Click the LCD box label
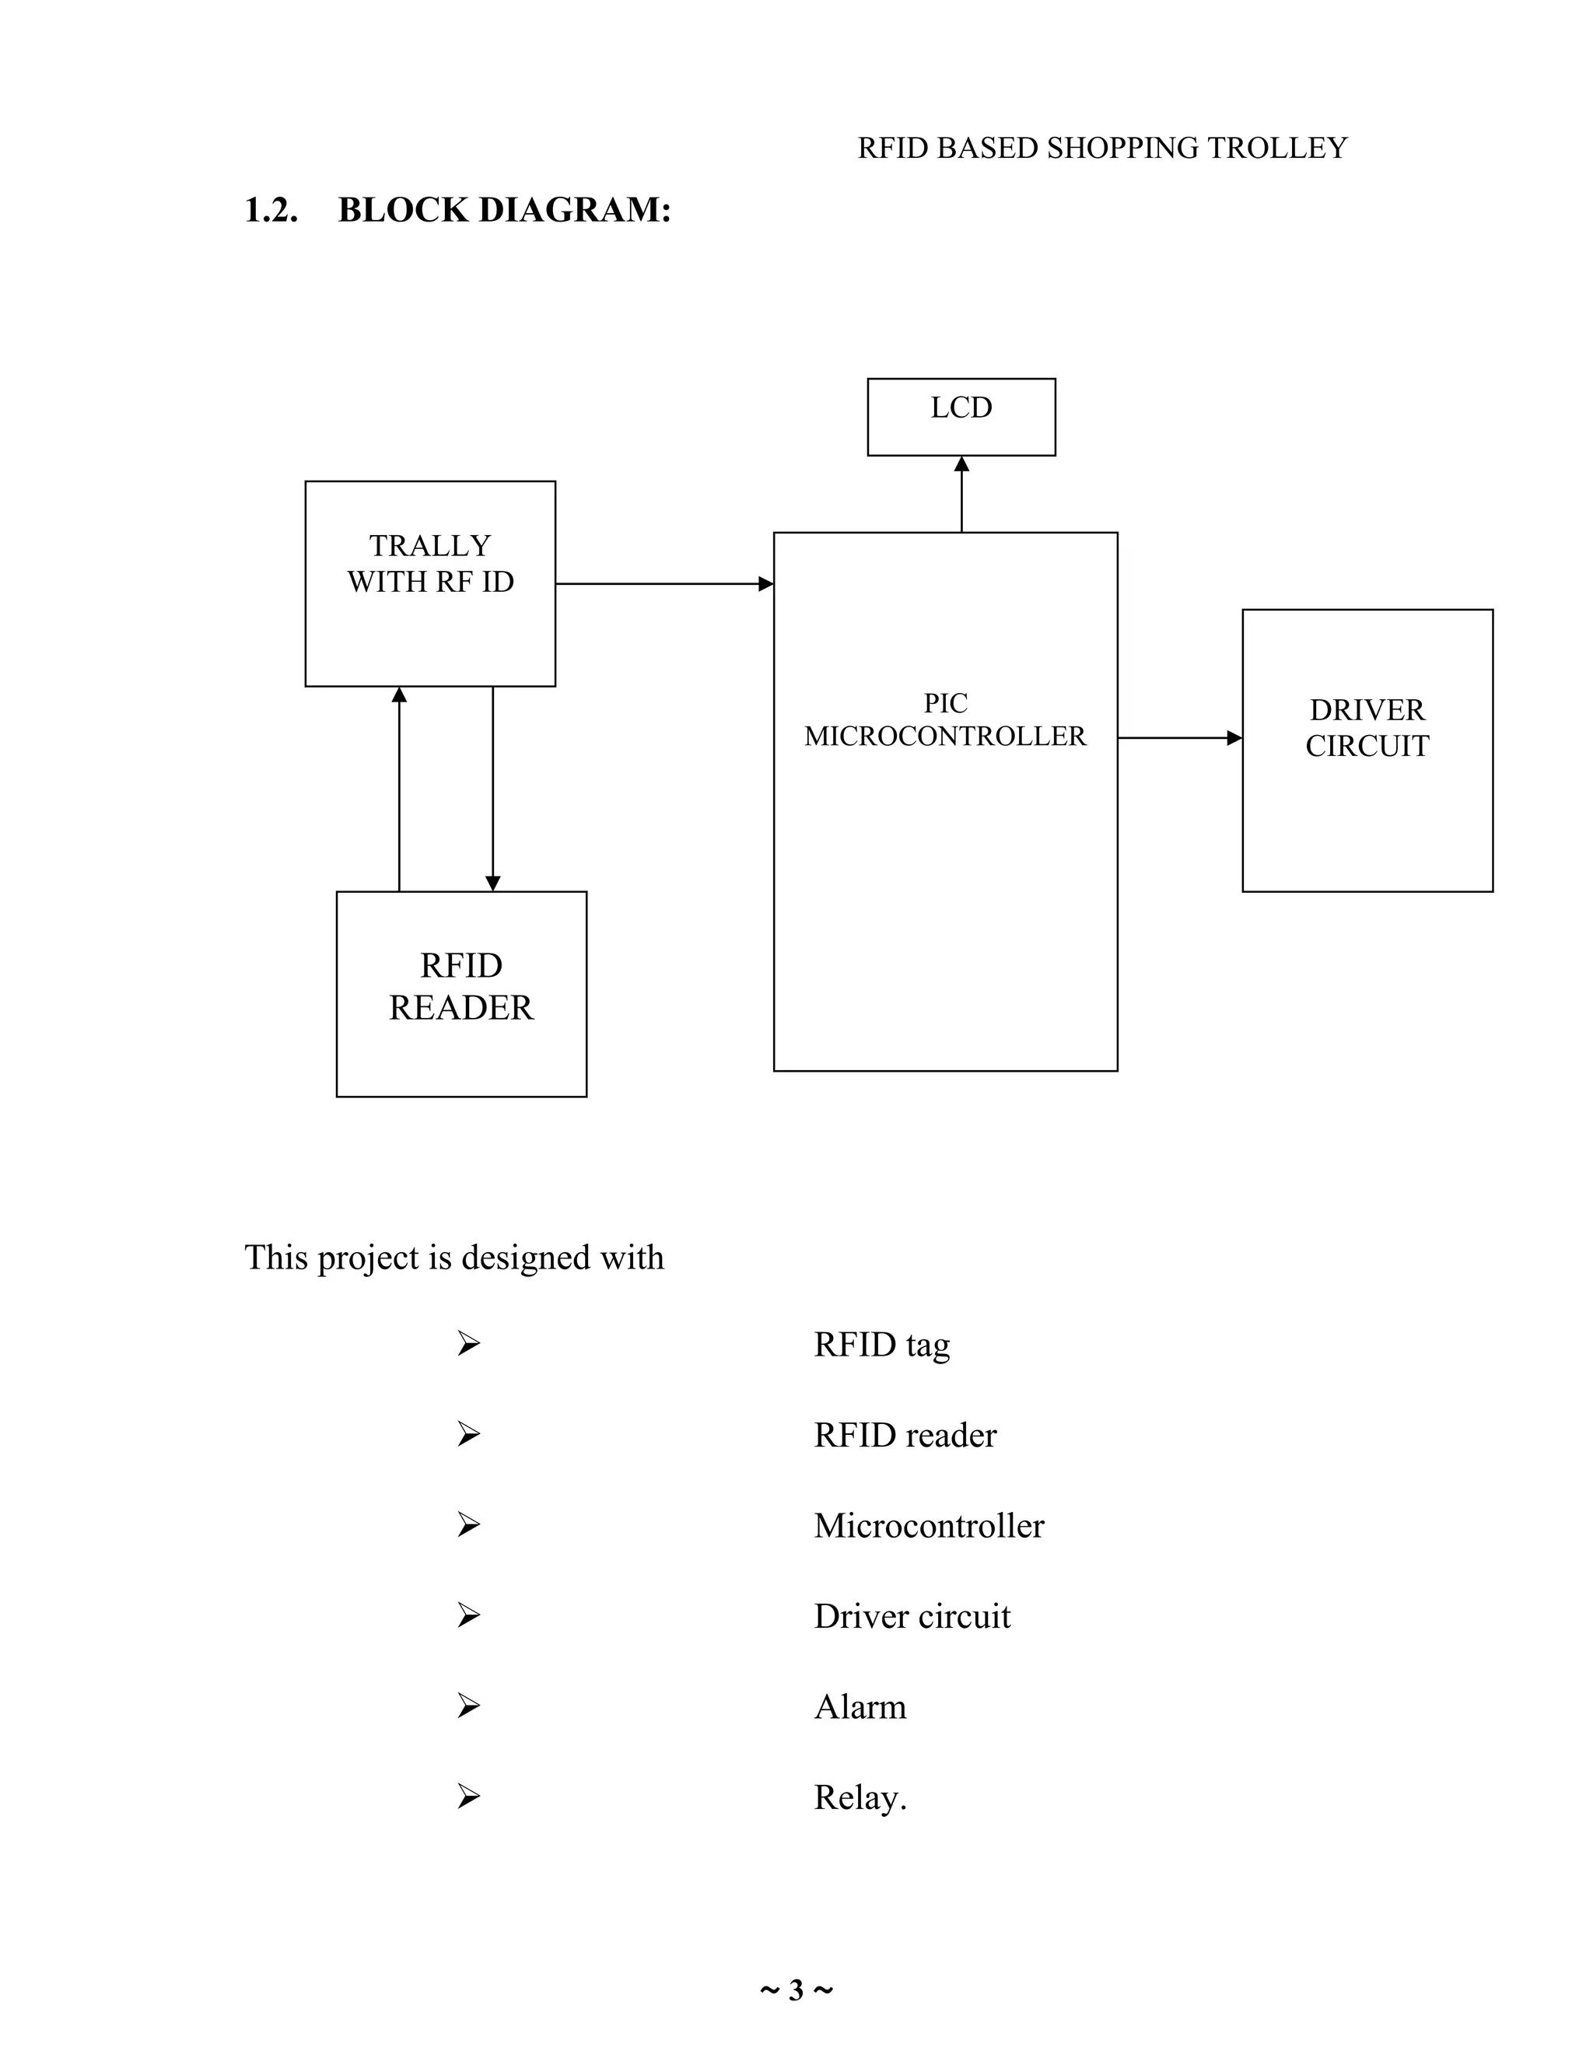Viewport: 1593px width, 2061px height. (x=961, y=408)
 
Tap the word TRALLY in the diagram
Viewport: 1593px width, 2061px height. (x=429, y=545)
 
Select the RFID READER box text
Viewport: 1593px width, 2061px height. (x=460, y=986)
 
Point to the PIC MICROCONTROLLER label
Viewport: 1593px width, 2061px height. (x=944, y=719)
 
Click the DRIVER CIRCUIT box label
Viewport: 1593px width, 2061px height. (x=1367, y=728)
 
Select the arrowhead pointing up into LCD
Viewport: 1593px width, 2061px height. (x=961, y=464)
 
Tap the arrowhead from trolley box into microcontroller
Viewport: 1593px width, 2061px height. (x=765, y=584)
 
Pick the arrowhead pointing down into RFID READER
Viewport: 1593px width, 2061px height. (x=492, y=884)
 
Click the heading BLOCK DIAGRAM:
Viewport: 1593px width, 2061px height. (x=504, y=209)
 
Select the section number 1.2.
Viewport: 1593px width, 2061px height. (x=271, y=209)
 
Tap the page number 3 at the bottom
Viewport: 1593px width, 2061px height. (x=796, y=1990)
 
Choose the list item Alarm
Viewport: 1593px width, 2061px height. (x=860, y=1706)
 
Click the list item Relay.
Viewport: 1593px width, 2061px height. (x=860, y=1797)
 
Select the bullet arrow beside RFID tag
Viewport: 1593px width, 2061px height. (x=468, y=1343)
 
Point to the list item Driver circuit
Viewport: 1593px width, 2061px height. (x=912, y=1615)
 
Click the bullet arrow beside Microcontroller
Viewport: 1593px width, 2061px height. (x=468, y=1524)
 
